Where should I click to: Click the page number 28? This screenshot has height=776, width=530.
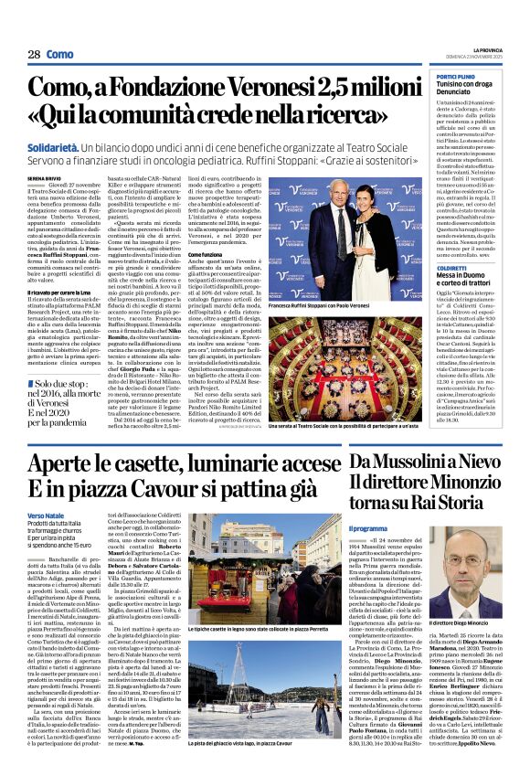(x=33, y=55)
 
